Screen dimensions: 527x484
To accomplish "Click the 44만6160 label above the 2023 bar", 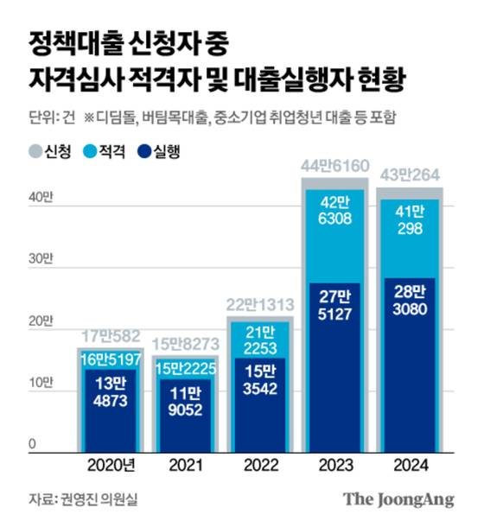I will [x=334, y=166].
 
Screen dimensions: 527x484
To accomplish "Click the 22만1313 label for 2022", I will [x=259, y=304].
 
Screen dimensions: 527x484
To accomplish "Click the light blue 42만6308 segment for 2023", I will [x=334, y=220].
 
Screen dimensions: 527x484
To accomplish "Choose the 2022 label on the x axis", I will [x=259, y=467].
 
